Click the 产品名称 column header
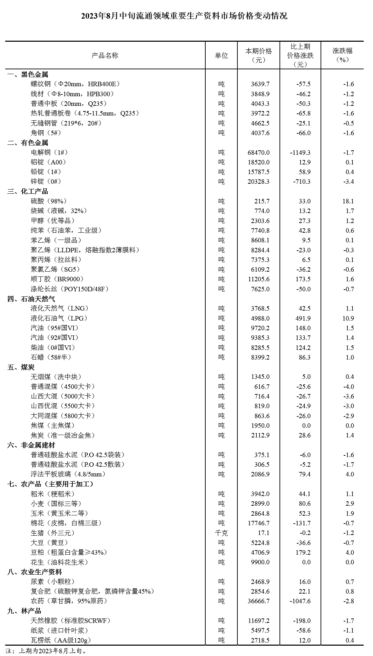(x=105, y=55)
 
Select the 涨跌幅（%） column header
(x=342, y=55)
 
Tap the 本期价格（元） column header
(x=258, y=55)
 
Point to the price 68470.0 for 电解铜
(x=259, y=152)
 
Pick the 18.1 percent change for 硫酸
(x=348, y=201)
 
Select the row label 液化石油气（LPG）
(x=59, y=318)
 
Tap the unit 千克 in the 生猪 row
(x=221, y=533)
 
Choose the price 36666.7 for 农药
(x=259, y=601)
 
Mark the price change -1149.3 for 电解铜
(x=301, y=152)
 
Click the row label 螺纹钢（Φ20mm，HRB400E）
(x=75, y=84)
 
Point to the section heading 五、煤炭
(x=21, y=367)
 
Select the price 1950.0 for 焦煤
(x=261, y=426)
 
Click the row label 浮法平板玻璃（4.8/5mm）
(x=68, y=474)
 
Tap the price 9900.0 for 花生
(x=261, y=562)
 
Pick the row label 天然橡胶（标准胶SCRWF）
(x=71, y=620)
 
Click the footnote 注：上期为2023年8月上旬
(x=47, y=651)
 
